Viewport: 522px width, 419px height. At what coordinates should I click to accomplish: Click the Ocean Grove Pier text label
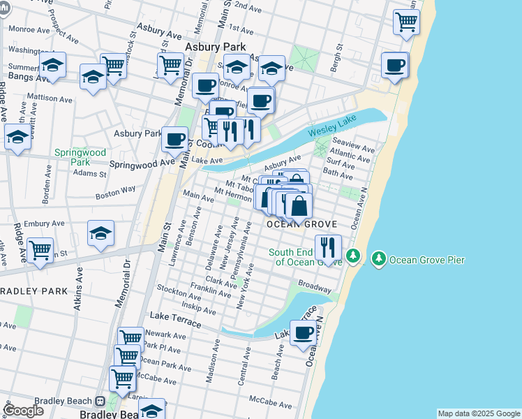pos(427,260)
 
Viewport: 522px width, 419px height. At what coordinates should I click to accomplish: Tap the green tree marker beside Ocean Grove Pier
pos(379,258)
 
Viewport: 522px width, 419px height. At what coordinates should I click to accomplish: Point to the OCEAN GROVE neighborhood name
pos(302,224)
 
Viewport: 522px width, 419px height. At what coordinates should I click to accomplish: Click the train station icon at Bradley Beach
pos(100,402)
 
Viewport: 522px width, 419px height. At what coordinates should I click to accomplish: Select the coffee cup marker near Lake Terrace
pos(303,334)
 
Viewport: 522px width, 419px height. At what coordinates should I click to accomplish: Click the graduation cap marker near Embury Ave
pos(101,233)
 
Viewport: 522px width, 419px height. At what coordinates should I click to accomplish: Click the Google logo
pos(23,411)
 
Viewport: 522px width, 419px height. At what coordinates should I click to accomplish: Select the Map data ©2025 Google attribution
pos(479,413)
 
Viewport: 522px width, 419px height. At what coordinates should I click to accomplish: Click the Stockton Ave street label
pos(179,288)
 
